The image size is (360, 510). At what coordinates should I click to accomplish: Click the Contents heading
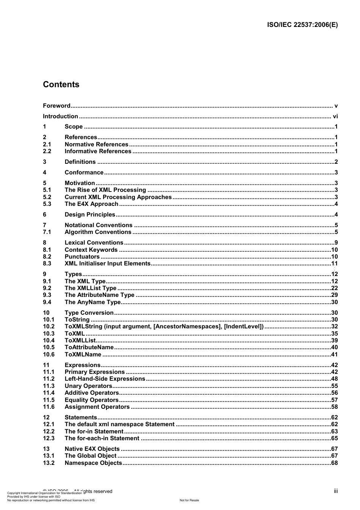pos(61,85)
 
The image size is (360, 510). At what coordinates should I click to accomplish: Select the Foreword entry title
pos(56,106)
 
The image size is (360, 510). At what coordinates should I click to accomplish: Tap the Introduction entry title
pos(60,116)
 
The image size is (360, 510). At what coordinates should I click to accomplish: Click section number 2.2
pos(47,151)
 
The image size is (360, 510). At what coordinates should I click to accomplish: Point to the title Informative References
pos(98,151)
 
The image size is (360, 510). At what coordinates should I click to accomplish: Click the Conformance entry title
pos(84,173)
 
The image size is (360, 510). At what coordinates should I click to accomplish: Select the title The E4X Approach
pos(91,204)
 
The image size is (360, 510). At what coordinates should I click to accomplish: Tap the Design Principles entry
pos(90,215)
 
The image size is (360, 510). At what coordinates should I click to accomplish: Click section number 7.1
pos(47,232)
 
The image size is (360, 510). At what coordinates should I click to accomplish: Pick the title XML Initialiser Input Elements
pos(108,264)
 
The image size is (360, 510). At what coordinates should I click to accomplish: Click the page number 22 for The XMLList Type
pos(334,288)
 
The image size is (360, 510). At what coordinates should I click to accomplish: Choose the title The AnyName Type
pos(92,302)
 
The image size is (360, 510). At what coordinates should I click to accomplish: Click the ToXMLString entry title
pos(164,326)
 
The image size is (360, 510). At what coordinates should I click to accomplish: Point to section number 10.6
pos(49,355)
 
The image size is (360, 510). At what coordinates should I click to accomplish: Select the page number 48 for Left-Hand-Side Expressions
pos(334,379)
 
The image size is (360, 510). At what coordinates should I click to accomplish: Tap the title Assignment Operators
pos(97,407)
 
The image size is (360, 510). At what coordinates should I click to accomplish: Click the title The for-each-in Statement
pos(102,438)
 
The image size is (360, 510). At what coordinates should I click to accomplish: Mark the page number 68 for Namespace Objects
pos(334,463)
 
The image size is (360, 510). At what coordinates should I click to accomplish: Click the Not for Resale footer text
pos(189,500)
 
